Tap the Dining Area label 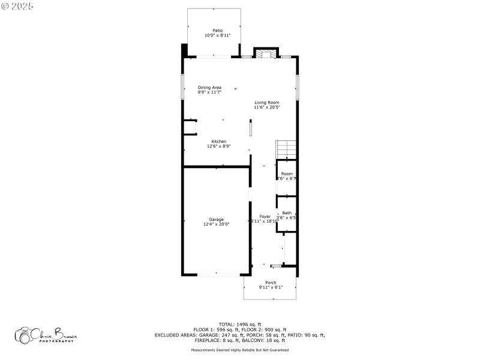[209, 88]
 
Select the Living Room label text [266, 103]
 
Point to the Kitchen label [218, 142]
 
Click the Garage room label [216, 220]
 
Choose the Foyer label [265, 216]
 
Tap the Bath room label [287, 213]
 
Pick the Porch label [271, 283]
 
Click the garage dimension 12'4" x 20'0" [216, 224]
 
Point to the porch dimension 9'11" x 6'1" [271, 287]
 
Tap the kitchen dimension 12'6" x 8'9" [218, 146]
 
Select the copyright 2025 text [18, 5]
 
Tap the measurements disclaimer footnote [239, 350]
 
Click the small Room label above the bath [287, 174]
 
